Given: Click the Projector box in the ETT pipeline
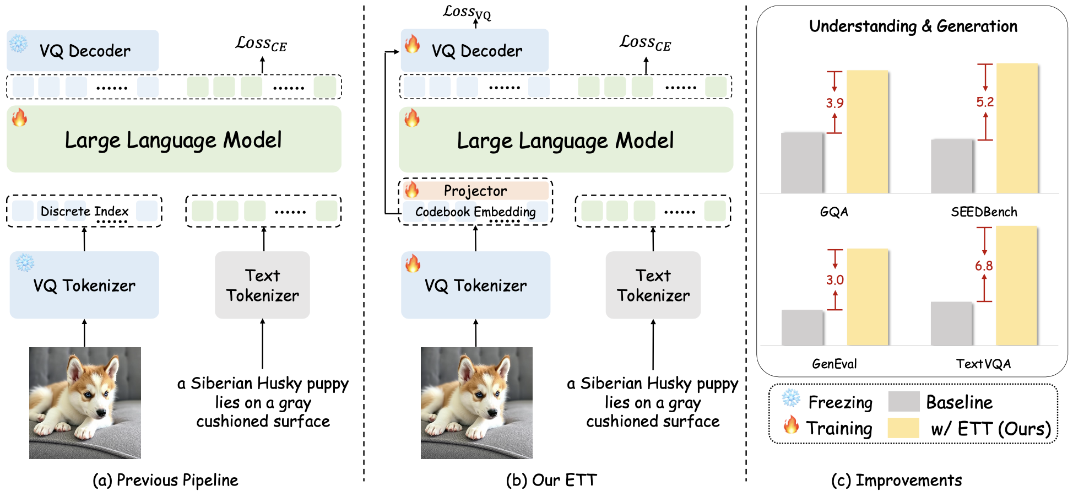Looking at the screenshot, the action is (476, 191).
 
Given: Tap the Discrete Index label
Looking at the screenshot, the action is (84, 211).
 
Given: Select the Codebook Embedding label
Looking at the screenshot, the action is (475, 212).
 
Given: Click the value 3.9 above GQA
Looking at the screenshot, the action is (834, 103).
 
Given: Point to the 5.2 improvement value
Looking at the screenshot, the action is (985, 102).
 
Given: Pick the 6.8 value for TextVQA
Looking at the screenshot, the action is (984, 266).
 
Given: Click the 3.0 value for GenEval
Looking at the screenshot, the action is (834, 280).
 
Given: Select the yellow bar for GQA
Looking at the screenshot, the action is (868, 132).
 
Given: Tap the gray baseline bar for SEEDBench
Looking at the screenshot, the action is (952, 166).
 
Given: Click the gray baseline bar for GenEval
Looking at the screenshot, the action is (802, 327).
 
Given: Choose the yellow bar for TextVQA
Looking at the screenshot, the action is (1017, 285).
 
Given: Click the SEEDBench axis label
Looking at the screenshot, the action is (984, 212).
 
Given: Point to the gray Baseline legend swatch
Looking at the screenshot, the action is (904, 402).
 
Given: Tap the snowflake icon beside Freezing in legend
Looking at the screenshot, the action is (791, 398).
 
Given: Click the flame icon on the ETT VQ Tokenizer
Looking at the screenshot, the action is (413, 263).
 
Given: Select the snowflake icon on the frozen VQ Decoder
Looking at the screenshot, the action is (18, 44).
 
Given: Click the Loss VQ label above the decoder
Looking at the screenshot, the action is (467, 12).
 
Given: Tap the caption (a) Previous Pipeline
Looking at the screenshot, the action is (165, 480).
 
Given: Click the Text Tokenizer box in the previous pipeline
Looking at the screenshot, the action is (262, 285).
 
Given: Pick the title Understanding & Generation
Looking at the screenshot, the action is (913, 26).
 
